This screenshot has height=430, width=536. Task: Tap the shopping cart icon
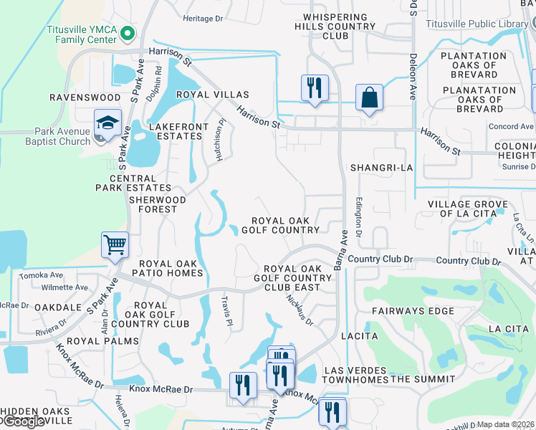click(115, 245)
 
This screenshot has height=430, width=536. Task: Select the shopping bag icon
click(369, 97)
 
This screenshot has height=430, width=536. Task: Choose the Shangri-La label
click(382, 167)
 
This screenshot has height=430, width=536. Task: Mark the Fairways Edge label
click(413, 311)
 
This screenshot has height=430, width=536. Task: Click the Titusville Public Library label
click(477, 24)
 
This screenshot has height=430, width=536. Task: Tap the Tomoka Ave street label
click(42, 275)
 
